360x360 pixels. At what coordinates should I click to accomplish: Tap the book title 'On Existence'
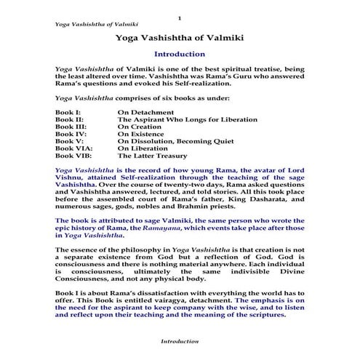143,139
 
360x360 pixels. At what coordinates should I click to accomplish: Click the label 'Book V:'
68,147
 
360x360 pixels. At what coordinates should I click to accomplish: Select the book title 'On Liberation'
144,156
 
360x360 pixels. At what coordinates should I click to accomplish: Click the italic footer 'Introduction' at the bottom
180,340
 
